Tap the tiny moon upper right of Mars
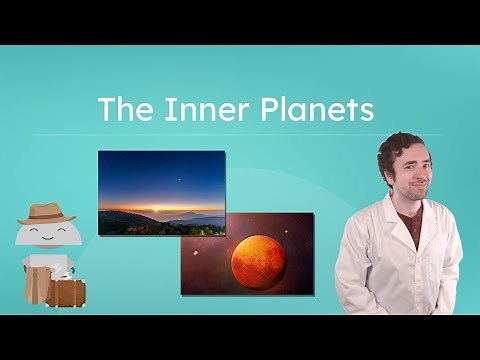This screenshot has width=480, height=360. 287,233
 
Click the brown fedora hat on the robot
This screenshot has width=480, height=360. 46,213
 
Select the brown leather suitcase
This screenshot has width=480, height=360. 66,293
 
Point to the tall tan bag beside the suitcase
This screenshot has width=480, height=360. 29,286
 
